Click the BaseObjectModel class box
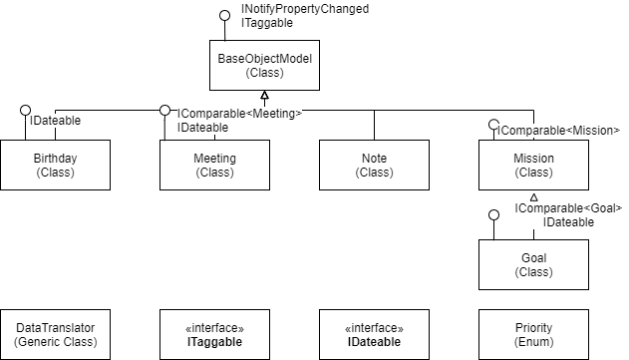click(x=264, y=65)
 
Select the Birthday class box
click(x=55, y=165)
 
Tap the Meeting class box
click(x=214, y=165)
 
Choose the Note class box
click(x=374, y=165)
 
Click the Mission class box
click(x=533, y=165)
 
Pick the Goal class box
click(x=533, y=264)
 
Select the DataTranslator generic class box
click(x=55, y=334)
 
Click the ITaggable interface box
click(x=214, y=334)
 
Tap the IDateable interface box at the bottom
click(x=374, y=334)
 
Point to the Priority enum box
click(x=533, y=334)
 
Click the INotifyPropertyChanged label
click(x=305, y=9)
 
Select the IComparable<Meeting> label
click(x=239, y=114)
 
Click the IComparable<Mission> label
click(x=558, y=131)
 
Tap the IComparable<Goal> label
click(x=568, y=208)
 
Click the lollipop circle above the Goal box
click(x=492, y=215)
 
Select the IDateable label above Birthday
click(x=55, y=121)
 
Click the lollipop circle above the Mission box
click(x=492, y=126)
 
